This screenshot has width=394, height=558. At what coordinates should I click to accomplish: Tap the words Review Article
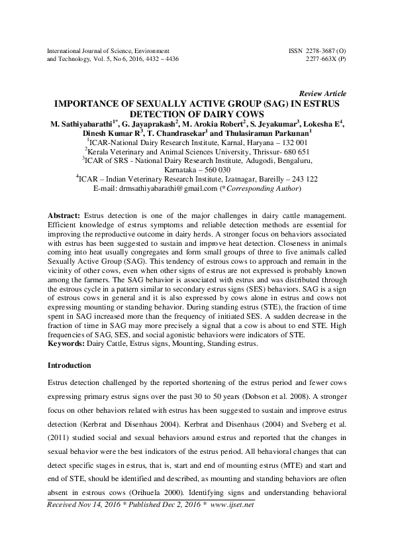tap(322, 93)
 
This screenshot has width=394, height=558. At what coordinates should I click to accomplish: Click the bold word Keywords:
tap(68, 344)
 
